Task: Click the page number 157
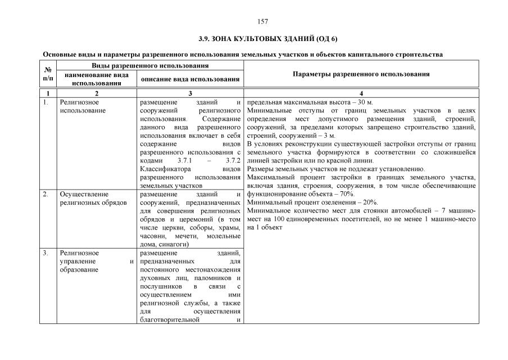coord(262,21)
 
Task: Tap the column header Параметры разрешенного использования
coord(361,74)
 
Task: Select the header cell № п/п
coord(48,74)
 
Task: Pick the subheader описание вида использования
coord(190,79)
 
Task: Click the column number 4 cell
coord(361,93)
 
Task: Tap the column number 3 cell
coord(190,93)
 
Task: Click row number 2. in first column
coord(46,194)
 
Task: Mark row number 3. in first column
coord(46,253)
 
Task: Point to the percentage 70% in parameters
coord(346,193)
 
